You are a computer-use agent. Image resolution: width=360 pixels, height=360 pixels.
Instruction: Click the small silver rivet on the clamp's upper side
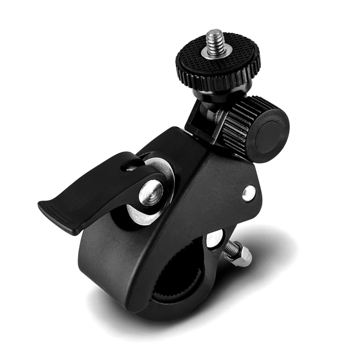(x=249, y=192)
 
